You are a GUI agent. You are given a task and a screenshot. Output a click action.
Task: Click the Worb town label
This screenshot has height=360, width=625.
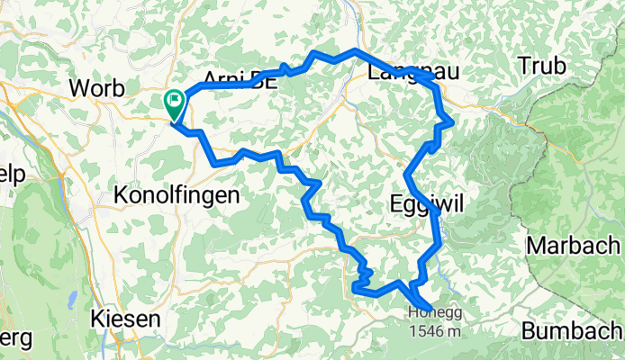pos(100,89)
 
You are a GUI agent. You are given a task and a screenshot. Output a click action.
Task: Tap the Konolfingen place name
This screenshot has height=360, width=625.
pos(177,195)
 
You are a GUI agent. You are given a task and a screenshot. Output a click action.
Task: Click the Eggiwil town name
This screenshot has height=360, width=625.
pos(427,203)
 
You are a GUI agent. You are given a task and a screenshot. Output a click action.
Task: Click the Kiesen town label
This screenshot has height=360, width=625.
pos(125,319)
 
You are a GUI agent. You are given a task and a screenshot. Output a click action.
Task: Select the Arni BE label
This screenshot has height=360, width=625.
pos(238,81)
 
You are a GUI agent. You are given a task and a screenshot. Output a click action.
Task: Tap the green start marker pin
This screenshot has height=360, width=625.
pos(173,104)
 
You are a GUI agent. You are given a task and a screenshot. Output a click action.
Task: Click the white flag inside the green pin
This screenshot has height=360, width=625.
pos(173,101)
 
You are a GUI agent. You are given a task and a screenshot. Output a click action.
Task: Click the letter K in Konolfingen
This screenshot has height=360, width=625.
pos(122,195)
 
